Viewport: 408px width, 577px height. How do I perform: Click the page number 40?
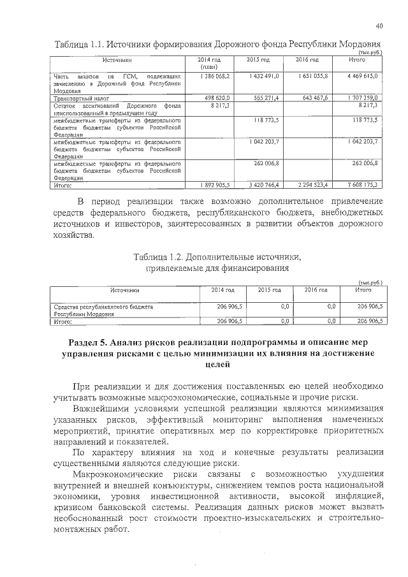[x=379, y=26]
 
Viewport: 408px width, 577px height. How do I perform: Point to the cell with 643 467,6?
[x=310, y=99]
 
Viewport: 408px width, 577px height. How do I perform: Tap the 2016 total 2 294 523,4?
[x=310, y=185]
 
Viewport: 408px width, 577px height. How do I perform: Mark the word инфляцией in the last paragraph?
[x=358, y=495]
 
